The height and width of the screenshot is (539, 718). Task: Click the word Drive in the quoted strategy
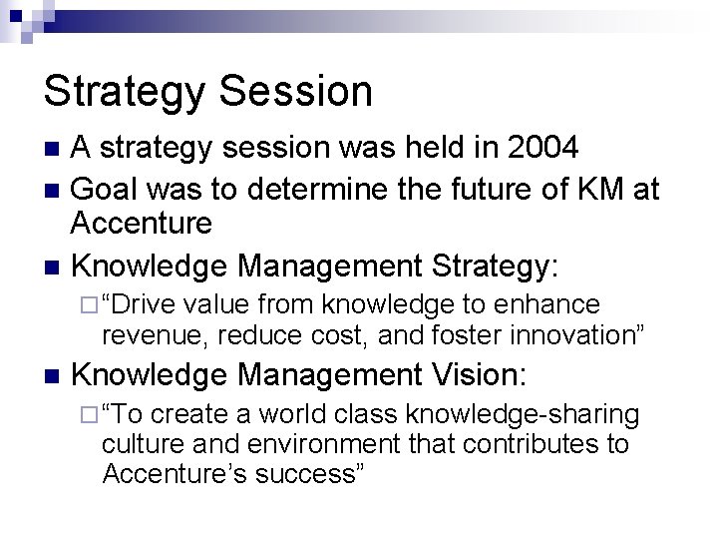click(x=153, y=304)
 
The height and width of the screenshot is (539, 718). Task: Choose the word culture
click(x=139, y=442)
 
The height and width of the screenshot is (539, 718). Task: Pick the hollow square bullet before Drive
click(x=88, y=304)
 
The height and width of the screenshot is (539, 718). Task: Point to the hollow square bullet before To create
click(x=88, y=414)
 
